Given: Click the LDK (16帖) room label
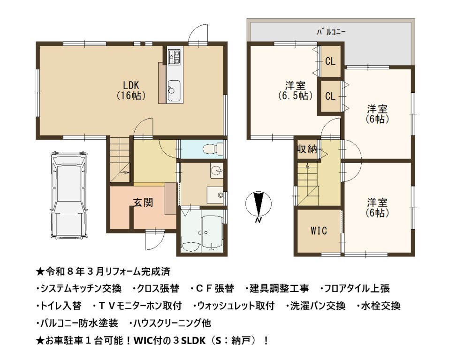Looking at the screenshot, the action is pos(131,90).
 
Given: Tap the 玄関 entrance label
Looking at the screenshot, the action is pos(143,202).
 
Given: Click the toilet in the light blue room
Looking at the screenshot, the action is pos(213,149).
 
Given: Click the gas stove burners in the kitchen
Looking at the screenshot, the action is pos(174,56).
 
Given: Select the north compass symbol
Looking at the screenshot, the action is pos(259,205).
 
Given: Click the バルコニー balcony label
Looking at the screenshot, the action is pos(331,32).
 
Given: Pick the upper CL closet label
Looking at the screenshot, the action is pos(330,61).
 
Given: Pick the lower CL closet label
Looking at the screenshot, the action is pos(330,96).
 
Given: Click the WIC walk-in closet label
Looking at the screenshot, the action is pos(319,231).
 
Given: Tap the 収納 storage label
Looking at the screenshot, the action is pos(307,149).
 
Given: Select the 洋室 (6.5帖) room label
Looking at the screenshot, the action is pos(295,90).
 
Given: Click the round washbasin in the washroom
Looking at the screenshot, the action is pos(216,171).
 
